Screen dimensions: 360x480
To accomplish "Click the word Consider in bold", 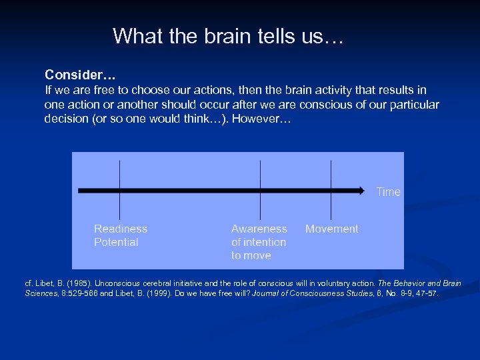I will click(71, 74).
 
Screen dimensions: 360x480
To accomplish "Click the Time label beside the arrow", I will click(388, 192).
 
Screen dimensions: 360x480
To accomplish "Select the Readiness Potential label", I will click(121, 235).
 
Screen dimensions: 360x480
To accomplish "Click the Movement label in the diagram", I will click(331, 229).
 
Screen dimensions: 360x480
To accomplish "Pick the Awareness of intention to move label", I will click(259, 242).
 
